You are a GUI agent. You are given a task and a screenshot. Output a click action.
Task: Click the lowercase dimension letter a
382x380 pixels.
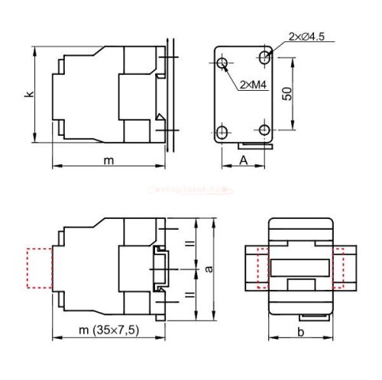[209, 269]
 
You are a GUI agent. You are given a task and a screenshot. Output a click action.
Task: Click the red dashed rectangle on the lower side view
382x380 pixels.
[38, 268]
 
